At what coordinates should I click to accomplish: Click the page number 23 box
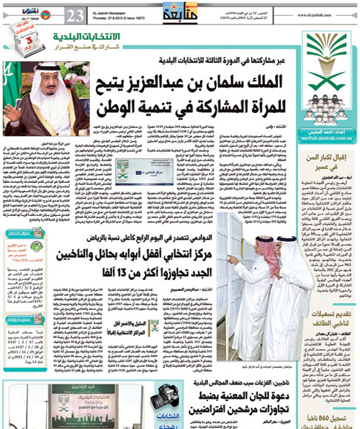point(77,14)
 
